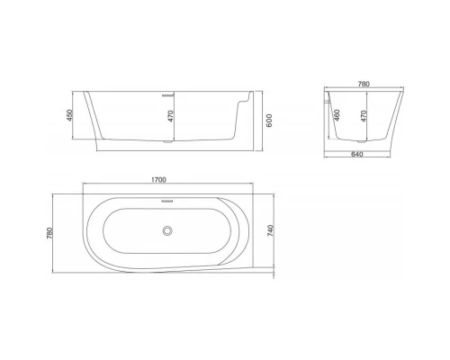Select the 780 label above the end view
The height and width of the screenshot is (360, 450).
[x=364, y=83]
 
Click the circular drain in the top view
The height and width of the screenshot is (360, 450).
[x=166, y=231]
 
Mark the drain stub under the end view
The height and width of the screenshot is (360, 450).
[x=364, y=140]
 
